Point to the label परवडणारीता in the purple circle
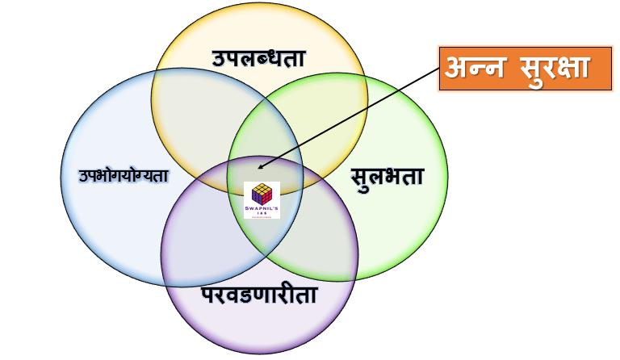pyautogui.click(x=258, y=295)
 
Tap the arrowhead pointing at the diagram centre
pyautogui.click(x=259, y=168)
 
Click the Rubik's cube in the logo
pyautogui.click(x=262, y=194)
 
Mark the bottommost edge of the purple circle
pyautogui.click(x=258, y=354)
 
